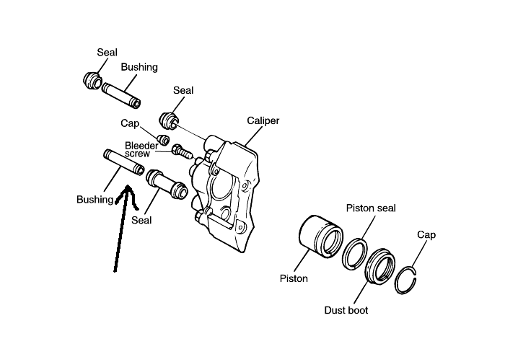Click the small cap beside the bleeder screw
click(x=164, y=138)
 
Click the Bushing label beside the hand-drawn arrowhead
click(x=95, y=199)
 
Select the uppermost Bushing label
click(x=139, y=67)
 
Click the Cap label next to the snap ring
click(x=426, y=235)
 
